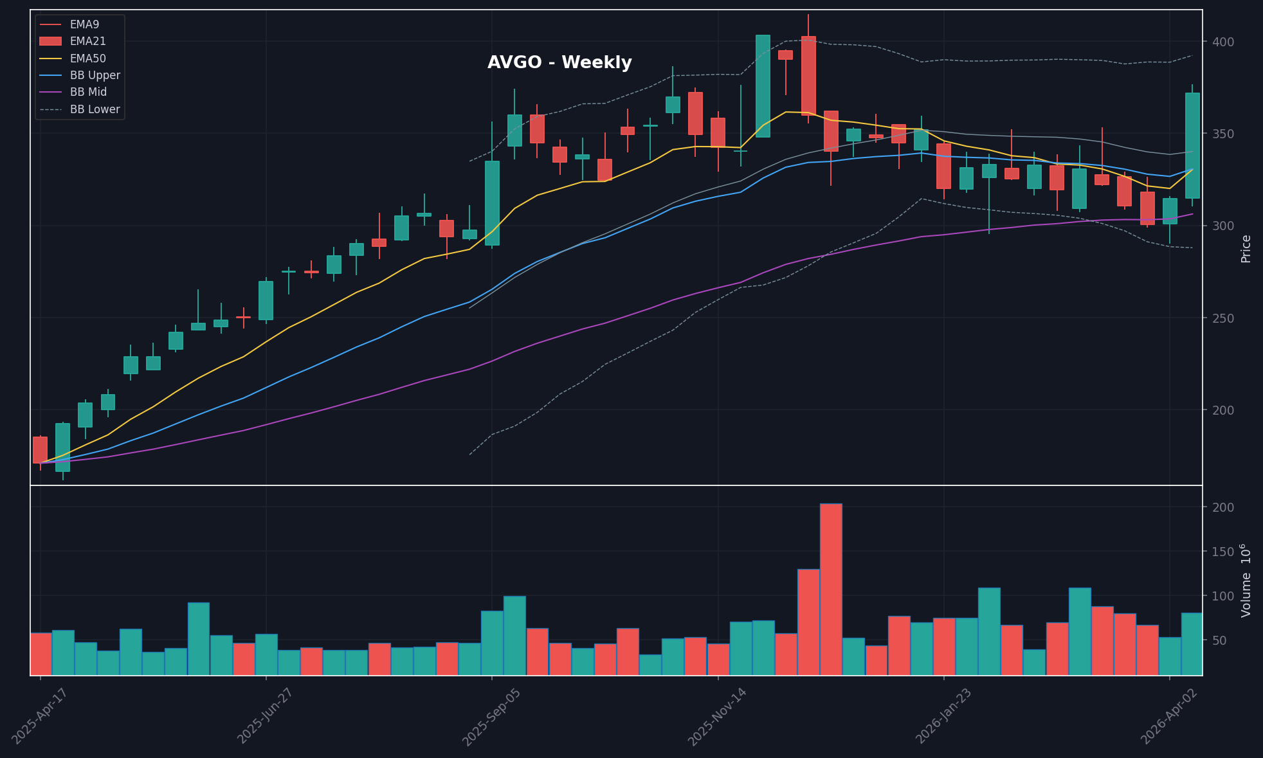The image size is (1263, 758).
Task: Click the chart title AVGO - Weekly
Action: [559, 62]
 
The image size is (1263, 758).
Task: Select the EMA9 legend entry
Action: [84, 24]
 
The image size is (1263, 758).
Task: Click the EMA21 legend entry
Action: [87, 41]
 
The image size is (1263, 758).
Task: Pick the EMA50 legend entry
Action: [87, 59]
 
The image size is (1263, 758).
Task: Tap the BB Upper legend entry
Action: [95, 75]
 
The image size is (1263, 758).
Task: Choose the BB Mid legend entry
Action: [88, 92]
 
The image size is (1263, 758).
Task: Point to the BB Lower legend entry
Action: [95, 109]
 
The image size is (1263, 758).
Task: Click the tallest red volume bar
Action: [831, 589]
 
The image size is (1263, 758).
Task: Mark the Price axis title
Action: [1246, 248]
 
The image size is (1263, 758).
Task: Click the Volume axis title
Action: [1246, 581]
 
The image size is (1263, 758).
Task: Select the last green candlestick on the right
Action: [1192, 145]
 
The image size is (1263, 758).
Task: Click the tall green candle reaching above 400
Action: [763, 86]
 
